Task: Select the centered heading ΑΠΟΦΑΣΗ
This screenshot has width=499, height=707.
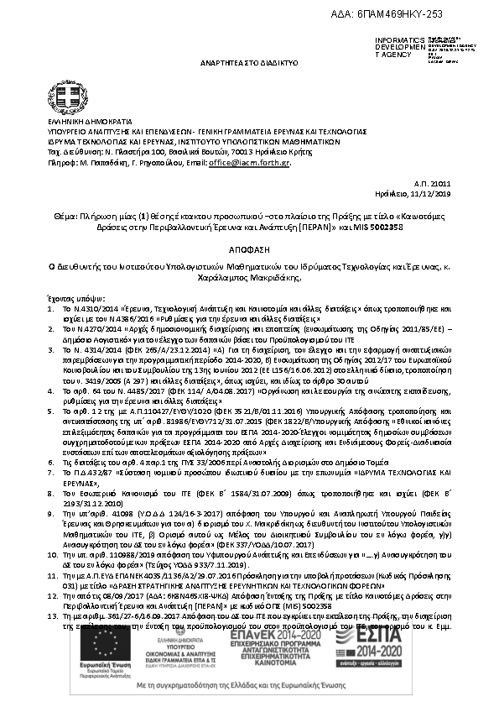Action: (249, 249)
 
